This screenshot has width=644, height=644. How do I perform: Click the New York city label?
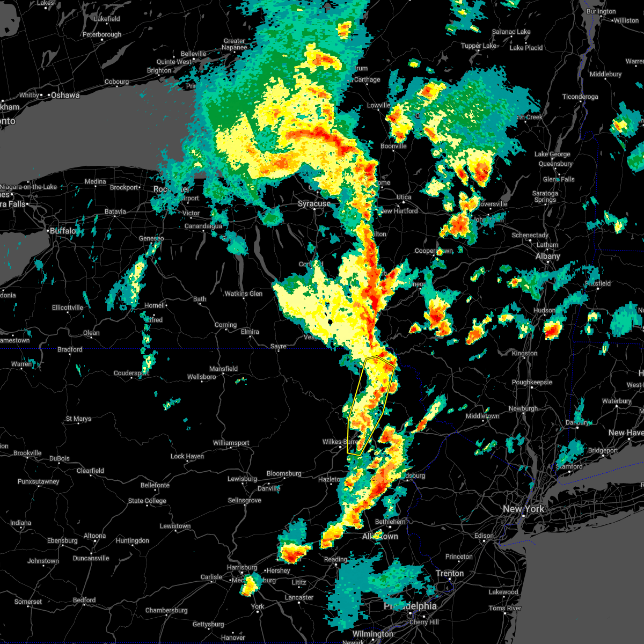click(x=523, y=509)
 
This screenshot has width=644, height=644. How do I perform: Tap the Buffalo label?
click(x=63, y=231)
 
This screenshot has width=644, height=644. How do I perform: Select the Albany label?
click(x=547, y=257)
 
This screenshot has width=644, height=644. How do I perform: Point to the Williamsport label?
click(x=231, y=443)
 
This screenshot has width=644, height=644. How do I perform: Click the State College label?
click(x=147, y=501)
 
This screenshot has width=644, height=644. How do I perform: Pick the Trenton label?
click(x=450, y=573)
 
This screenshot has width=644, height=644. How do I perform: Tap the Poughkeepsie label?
click(x=532, y=383)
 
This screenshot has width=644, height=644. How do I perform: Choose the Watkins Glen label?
click(x=244, y=294)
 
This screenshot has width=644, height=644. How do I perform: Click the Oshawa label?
click(x=65, y=96)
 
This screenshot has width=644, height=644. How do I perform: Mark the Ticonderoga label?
click(x=580, y=97)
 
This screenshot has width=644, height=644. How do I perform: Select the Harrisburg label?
click(x=242, y=567)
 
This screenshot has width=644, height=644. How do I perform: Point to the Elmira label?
click(x=250, y=332)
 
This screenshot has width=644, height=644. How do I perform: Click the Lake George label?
click(x=552, y=155)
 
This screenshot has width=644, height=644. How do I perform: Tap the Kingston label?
click(x=524, y=353)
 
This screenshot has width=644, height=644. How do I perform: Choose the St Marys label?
click(x=78, y=419)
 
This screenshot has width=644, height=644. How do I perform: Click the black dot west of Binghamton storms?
click(x=331, y=321)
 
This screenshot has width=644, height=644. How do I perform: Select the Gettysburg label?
click(x=208, y=624)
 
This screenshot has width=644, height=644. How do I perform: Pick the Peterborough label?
click(x=102, y=35)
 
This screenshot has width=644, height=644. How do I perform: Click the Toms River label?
click(x=505, y=608)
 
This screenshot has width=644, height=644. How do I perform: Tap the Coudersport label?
click(x=131, y=373)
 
